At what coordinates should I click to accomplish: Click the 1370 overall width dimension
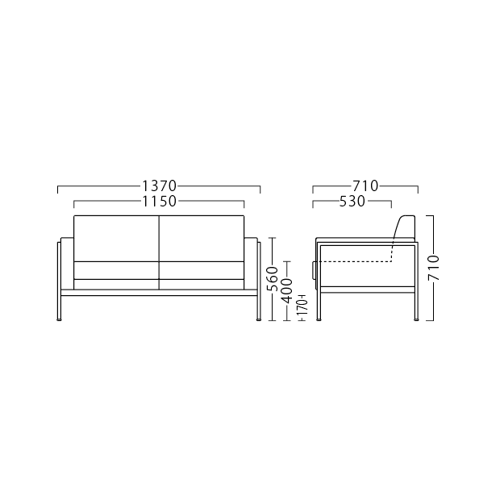[x=159, y=186]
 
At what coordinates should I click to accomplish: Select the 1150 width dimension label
[x=159, y=202]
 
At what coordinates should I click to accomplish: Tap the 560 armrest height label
[x=272, y=279]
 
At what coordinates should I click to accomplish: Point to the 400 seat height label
[x=287, y=290]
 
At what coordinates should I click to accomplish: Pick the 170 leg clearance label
[x=302, y=306]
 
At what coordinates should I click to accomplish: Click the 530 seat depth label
[x=352, y=202]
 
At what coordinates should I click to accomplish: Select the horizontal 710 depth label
[x=365, y=186]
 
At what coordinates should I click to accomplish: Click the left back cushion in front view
[x=116, y=239]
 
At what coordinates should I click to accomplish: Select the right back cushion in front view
[x=202, y=239]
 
